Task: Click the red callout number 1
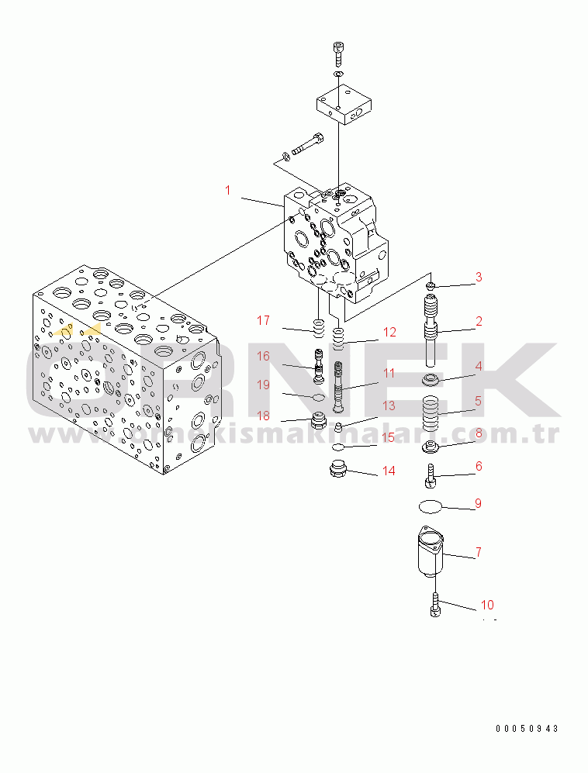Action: [x=228, y=190]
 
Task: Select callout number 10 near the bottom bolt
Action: [x=487, y=605]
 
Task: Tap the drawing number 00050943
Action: [x=527, y=728]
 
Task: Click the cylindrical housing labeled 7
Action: [x=431, y=551]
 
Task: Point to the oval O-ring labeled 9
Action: [x=430, y=506]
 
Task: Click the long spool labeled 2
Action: [x=431, y=330]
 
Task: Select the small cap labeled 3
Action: [x=431, y=285]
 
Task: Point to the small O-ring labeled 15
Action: [x=338, y=447]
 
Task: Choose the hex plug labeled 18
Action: [x=316, y=422]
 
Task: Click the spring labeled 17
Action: [x=318, y=329]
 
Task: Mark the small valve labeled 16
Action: [x=318, y=366]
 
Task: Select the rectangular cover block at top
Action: [x=344, y=104]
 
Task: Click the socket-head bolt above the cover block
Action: [x=338, y=55]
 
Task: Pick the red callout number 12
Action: [x=389, y=333]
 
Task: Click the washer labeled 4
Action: [x=430, y=380]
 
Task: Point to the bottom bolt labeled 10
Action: [x=435, y=605]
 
